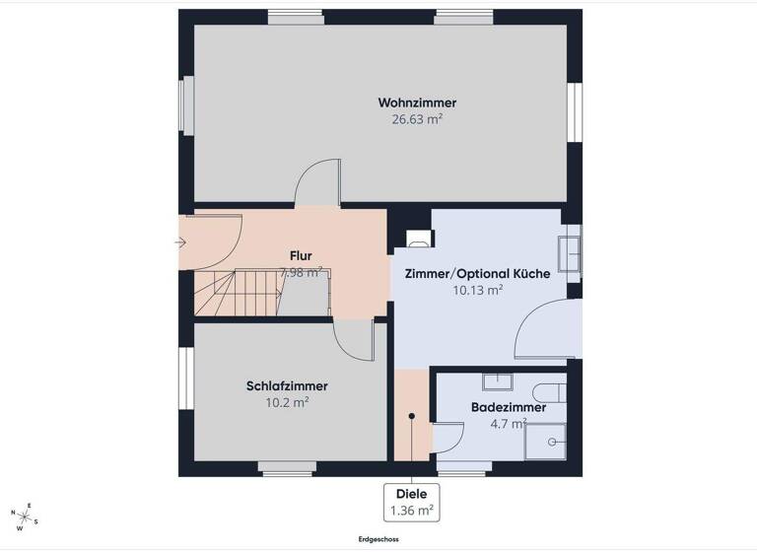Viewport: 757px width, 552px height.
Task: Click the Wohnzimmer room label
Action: [417, 103]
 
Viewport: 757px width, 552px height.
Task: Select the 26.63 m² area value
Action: [417, 120]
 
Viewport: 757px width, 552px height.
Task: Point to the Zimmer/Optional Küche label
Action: [477, 273]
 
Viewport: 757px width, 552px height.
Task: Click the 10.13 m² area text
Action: [477, 290]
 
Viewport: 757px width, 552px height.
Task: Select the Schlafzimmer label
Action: [287, 385]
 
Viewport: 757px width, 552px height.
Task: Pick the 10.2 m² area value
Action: [287, 402]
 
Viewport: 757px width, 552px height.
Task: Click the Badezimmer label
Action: [509, 407]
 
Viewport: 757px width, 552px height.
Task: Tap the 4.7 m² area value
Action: [509, 425]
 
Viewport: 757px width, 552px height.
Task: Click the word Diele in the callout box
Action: [411, 495]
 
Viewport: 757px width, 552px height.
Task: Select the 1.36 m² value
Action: [411, 511]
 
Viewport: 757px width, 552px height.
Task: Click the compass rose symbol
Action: [24, 516]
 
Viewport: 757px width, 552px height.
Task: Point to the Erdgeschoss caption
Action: [378, 539]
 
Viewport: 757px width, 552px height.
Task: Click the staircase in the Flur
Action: [237, 294]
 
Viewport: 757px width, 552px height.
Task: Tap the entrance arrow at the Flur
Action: [181, 241]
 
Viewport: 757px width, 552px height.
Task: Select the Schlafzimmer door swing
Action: [352, 341]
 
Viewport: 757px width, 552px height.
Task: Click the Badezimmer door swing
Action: [449, 440]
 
